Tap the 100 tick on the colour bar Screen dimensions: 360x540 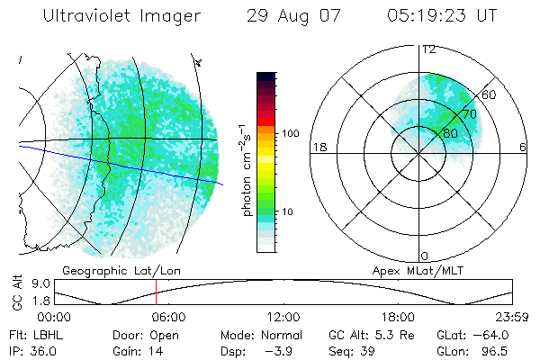pos(289,133)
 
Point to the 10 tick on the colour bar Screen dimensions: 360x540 pos(289,212)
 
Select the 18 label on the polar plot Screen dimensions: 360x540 pos(318,147)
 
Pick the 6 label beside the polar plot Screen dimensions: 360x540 pos(523,147)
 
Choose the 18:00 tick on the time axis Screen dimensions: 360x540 pos(398,317)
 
